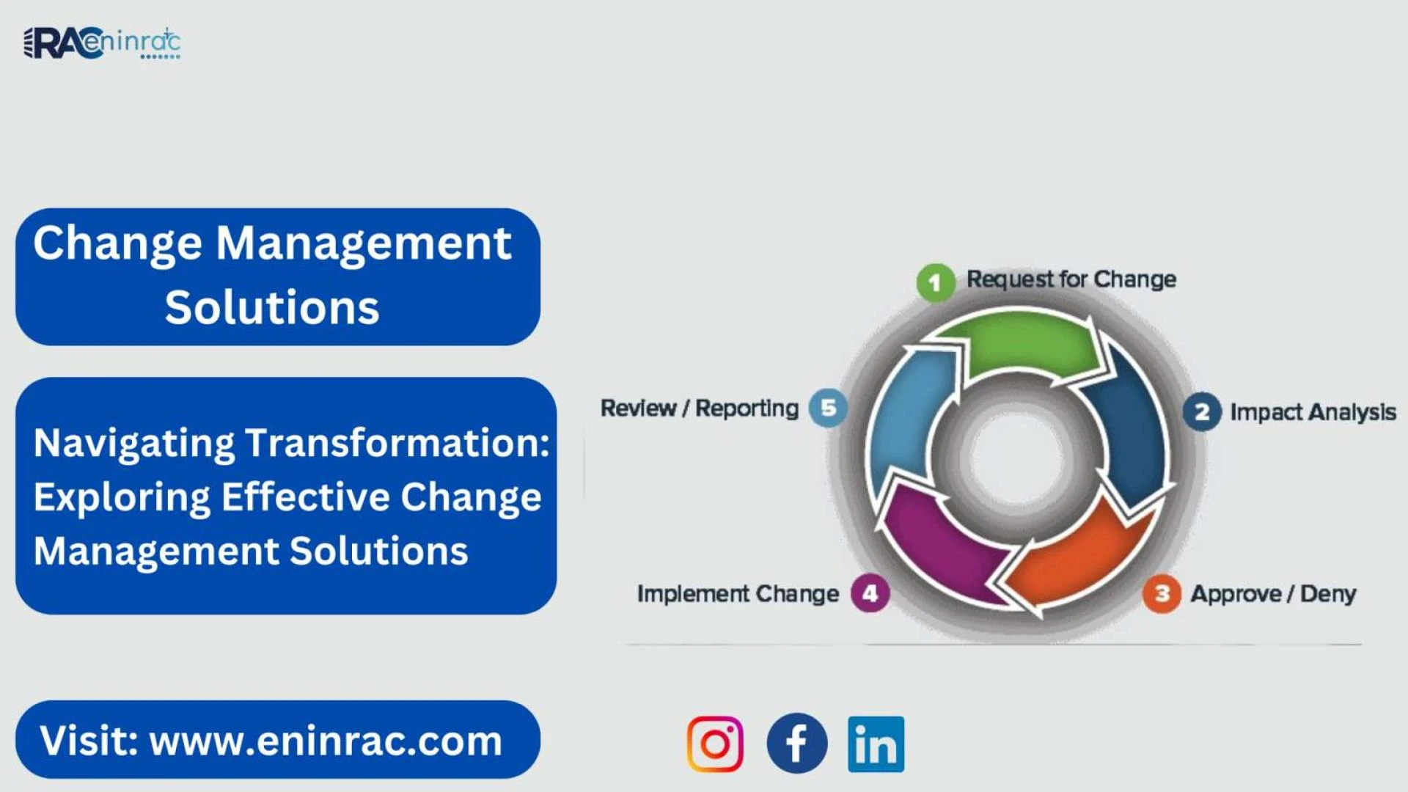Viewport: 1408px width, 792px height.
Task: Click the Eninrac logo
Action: (x=102, y=43)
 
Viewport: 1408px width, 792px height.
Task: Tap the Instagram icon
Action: (x=715, y=744)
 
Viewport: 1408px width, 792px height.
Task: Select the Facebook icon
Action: (x=797, y=744)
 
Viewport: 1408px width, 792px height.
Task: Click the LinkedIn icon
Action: (x=876, y=744)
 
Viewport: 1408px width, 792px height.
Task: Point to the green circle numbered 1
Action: (x=935, y=282)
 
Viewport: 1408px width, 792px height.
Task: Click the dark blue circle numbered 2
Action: (x=1202, y=412)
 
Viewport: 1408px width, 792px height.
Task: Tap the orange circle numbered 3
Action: (x=1162, y=593)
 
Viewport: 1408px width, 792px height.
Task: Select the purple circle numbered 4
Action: (x=870, y=593)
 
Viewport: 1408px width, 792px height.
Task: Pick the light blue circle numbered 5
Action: (x=828, y=408)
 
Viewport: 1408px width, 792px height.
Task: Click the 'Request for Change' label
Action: (x=1071, y=279)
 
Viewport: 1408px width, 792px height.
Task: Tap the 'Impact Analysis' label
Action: (x=1313, y=412)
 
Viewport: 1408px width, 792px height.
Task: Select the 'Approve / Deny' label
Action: (x=1273, y=593)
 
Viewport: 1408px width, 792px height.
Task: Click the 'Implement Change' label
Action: (x=738, y=593)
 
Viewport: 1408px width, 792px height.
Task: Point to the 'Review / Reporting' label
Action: (x=700, y=408)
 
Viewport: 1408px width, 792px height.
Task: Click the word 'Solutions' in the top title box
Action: (x=272, y=307)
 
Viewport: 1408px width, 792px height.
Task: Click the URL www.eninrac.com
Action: (x=326, y=741)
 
